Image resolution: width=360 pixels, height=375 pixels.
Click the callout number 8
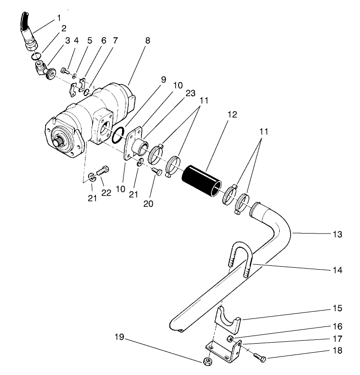(x=148, y=41)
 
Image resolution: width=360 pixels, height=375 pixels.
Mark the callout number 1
(x=59, y=18)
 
